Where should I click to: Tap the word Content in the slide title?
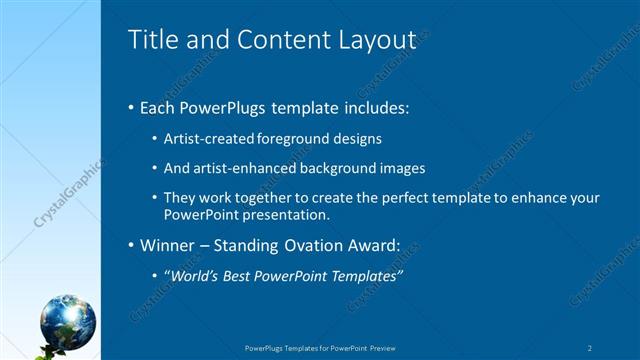(275, 39)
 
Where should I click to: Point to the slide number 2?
(590, 348)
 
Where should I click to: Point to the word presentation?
(289, 214)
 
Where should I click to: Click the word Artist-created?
(208, 138)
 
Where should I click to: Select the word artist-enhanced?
(238, 168)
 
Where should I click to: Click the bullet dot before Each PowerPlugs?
(133, 108)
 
